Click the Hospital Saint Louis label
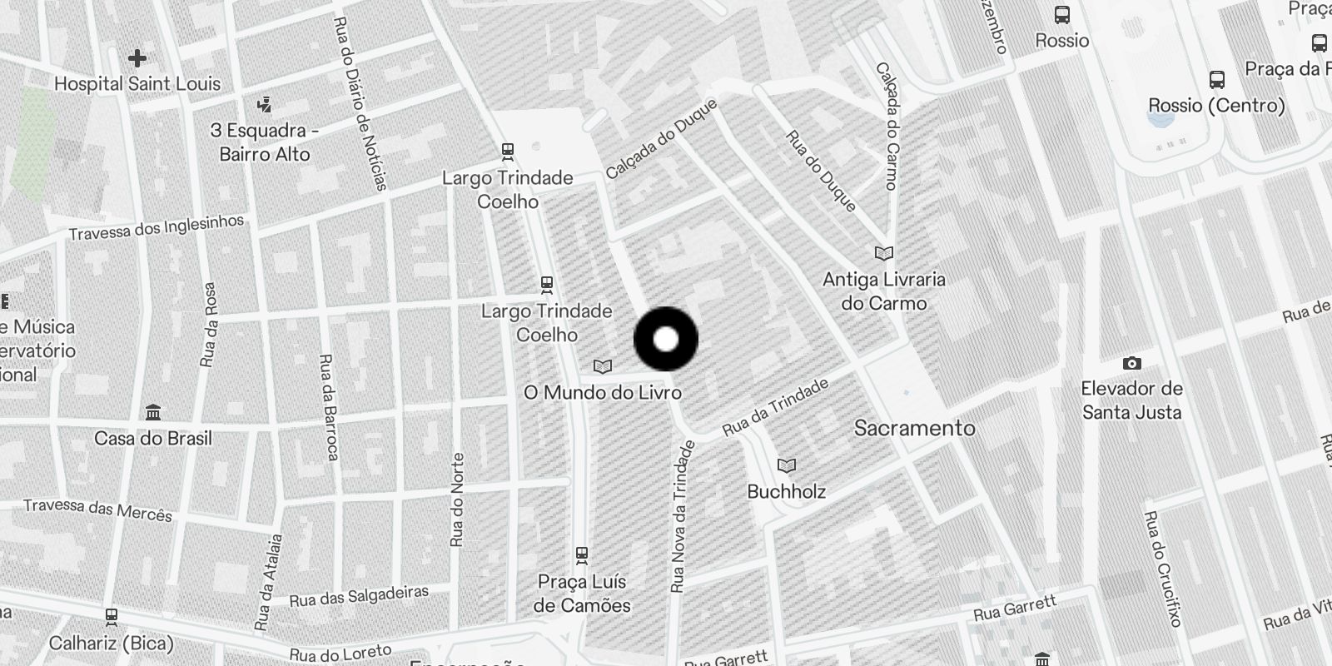coord(137,84)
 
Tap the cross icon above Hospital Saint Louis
coord(137,58)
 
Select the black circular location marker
coord(666,339)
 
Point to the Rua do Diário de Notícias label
coord(360,103)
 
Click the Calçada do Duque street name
coord(661,139)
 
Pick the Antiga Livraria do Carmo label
coord(883,291)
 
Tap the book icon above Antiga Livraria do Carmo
coord(884,253)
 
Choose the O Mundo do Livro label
coord(602,392)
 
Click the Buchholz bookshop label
coord(786,491)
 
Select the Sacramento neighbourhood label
coord(914,428)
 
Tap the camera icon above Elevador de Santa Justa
coord(1131,363)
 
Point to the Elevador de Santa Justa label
coord(1131,400)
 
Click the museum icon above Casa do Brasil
coord(153,413)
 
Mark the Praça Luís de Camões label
coord(582,594)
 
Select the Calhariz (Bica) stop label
coord(111,644)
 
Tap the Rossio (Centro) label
coord(1216,106)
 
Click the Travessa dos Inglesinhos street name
coord(157,227)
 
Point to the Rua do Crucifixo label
coord(1163,569)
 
